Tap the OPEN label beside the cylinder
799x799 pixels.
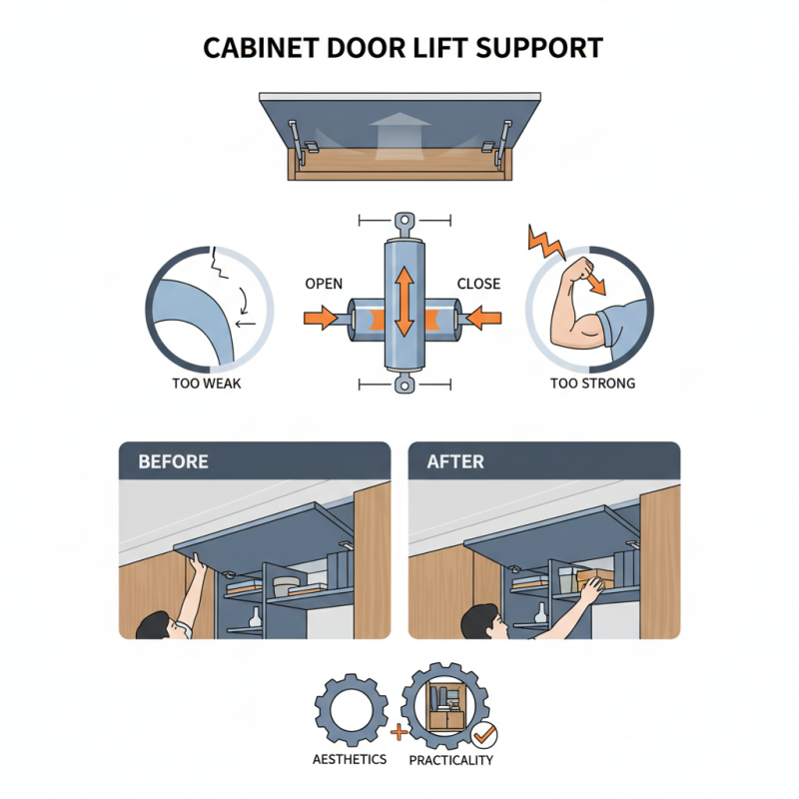coord(324,284)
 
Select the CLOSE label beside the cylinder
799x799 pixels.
coord(478,284)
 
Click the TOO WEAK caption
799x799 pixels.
coord(208,383)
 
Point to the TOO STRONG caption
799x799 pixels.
coord(592,383)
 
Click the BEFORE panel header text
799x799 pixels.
coord(173,462)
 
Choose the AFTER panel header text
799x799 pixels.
coord(454,462)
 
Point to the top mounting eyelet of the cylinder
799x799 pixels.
coord(403,221)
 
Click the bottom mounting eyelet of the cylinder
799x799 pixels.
coord(403,385)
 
